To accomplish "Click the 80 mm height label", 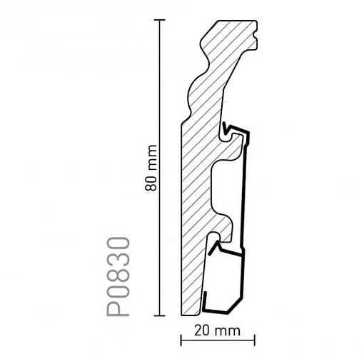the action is click(151, 168).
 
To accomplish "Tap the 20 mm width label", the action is click(217, 331).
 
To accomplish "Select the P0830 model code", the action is click(118, 276).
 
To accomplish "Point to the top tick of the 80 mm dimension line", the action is click(159, 20).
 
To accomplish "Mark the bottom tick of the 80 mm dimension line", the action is click(159, 315).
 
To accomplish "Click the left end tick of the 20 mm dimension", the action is click(181, 340).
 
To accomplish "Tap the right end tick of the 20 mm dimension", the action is click(255, 340).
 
